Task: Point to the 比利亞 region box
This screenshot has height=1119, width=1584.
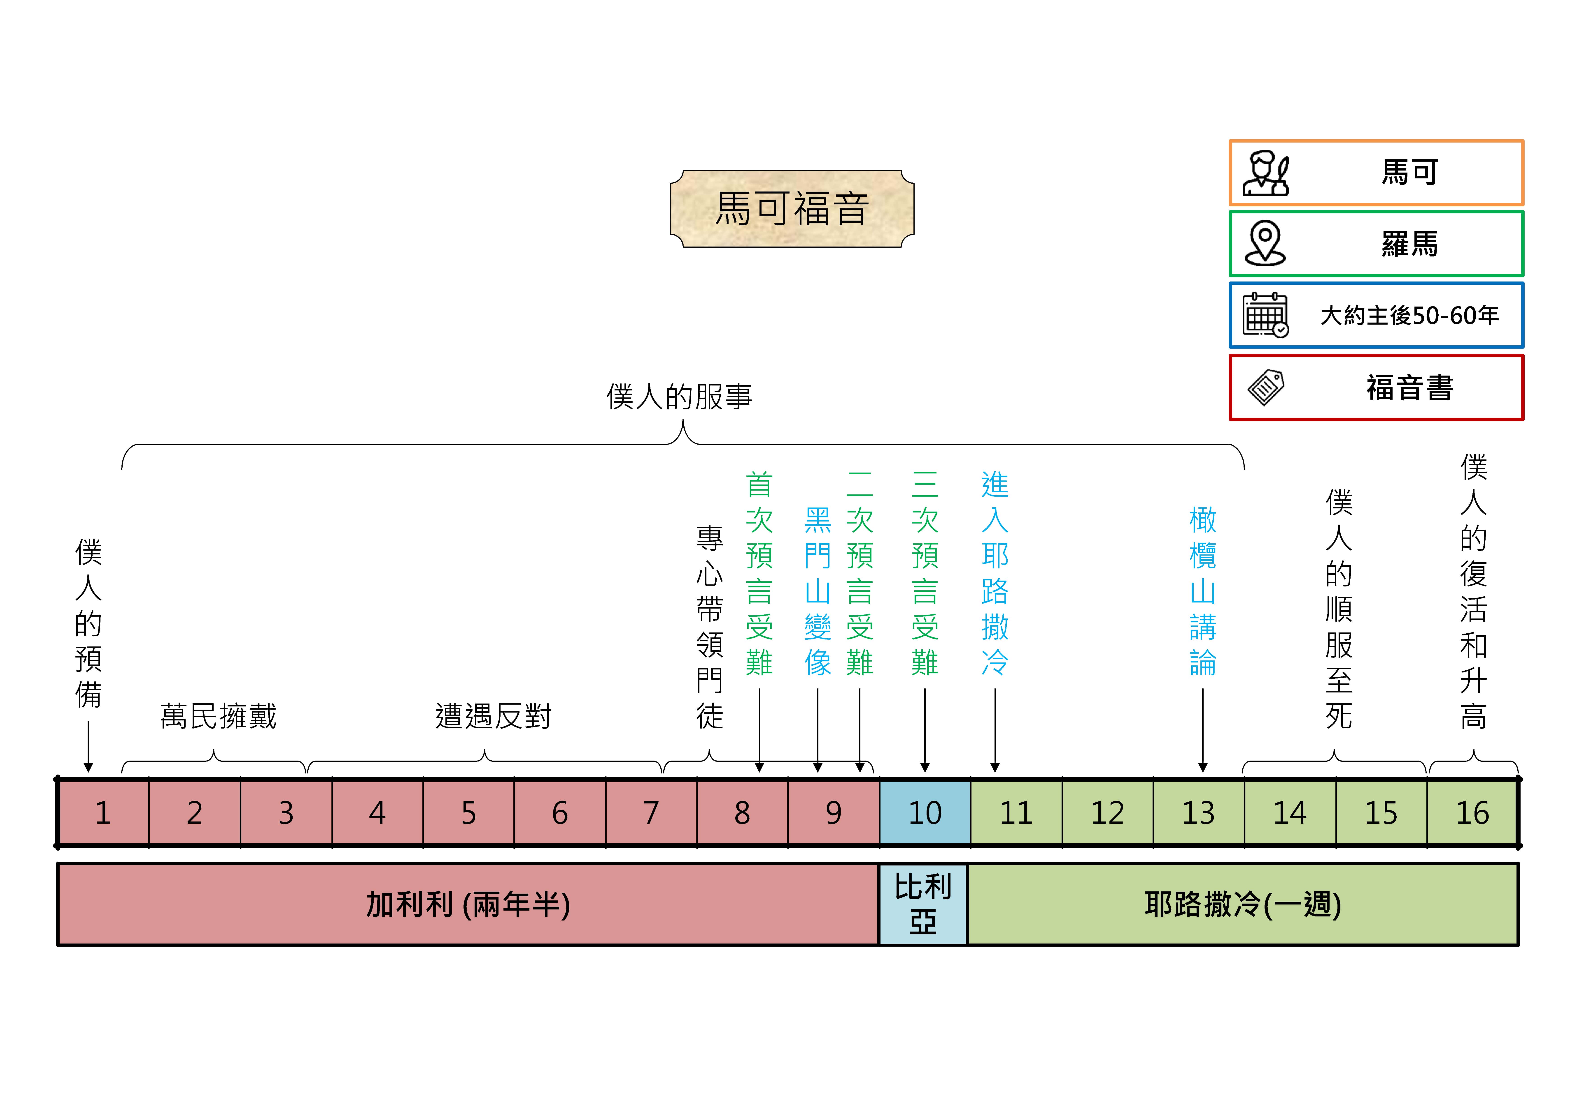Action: (x=923, y=904)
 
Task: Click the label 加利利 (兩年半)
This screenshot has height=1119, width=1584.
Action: (x=468, y=904)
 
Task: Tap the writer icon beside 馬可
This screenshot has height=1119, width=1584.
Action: (x=1265, y=173)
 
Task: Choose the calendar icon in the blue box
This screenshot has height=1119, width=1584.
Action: (x=1265, y=315)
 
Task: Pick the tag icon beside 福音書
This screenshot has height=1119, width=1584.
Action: (x=1265, y=388)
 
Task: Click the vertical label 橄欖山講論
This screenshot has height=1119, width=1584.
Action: (x=1202, y=591)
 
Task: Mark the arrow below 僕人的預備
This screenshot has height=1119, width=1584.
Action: (x=88, y=747)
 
